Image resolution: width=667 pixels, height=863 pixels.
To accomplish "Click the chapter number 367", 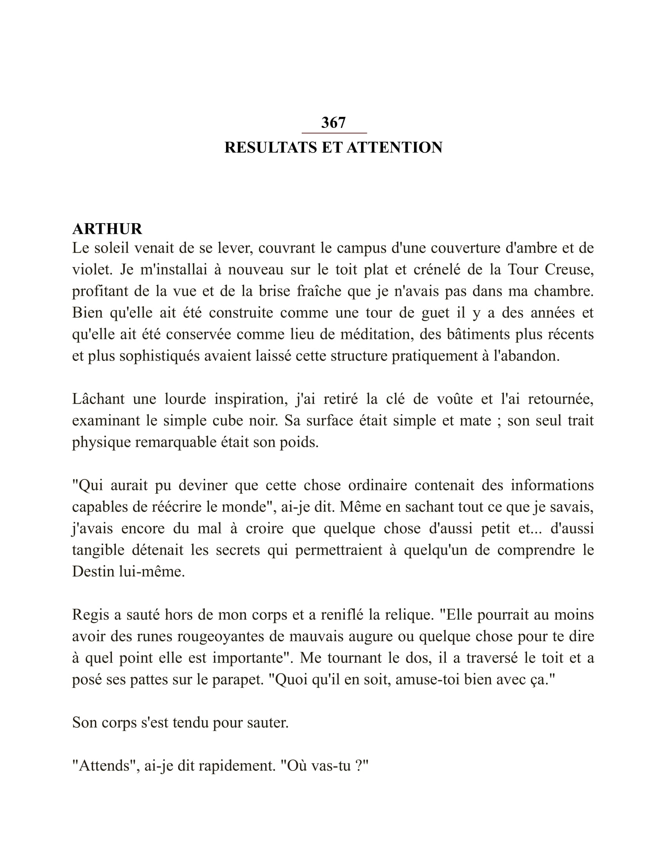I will (333, 122).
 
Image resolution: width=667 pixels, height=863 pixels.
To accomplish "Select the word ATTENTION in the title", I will (394, 147).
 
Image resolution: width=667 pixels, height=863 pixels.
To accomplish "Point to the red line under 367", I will (334, 133).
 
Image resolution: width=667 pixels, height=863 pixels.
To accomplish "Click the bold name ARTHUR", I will (107, 229).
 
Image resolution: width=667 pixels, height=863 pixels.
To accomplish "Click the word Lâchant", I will (98, 399).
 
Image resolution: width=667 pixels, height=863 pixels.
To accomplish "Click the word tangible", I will (98, 550).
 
